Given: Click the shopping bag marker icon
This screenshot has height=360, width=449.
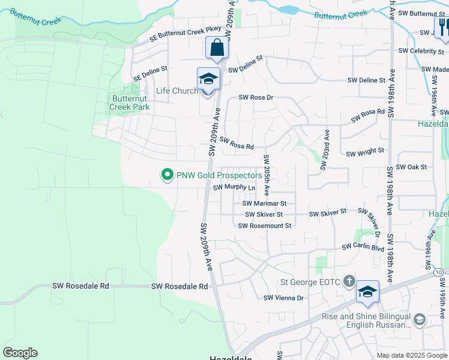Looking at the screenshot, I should [216, 47].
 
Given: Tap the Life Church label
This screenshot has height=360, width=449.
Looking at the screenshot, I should [177, 91].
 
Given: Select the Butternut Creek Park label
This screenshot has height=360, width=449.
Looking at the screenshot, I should [129, 103].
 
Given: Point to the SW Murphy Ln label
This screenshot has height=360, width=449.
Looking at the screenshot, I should [234, 188].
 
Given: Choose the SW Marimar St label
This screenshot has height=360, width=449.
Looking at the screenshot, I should [268, 203].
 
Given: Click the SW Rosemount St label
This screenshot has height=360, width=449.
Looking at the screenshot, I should [264, 226].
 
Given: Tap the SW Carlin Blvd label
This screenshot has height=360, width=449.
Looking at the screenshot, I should [363, 247].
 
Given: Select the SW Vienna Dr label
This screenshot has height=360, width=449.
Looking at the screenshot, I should [284, 298].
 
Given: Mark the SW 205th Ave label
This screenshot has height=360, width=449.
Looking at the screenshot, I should [266, 174].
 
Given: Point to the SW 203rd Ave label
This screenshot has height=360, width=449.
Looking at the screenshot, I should [325, 150].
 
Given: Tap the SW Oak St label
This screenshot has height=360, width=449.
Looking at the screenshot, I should [412, 167].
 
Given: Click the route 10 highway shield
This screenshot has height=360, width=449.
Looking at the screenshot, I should [439, 273].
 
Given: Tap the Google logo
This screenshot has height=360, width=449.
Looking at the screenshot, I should [20, 353].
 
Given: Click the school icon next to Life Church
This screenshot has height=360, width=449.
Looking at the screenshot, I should [208, 79].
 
